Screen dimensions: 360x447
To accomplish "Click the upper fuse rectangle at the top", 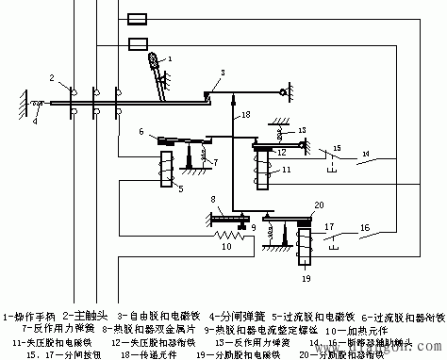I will point(135,19).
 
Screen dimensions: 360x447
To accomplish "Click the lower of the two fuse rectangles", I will point(138,42).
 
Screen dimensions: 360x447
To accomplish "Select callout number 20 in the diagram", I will point(319,205).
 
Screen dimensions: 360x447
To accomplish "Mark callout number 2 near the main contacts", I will point(53,74).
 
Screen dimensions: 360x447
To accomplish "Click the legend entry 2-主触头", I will point(86,306).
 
